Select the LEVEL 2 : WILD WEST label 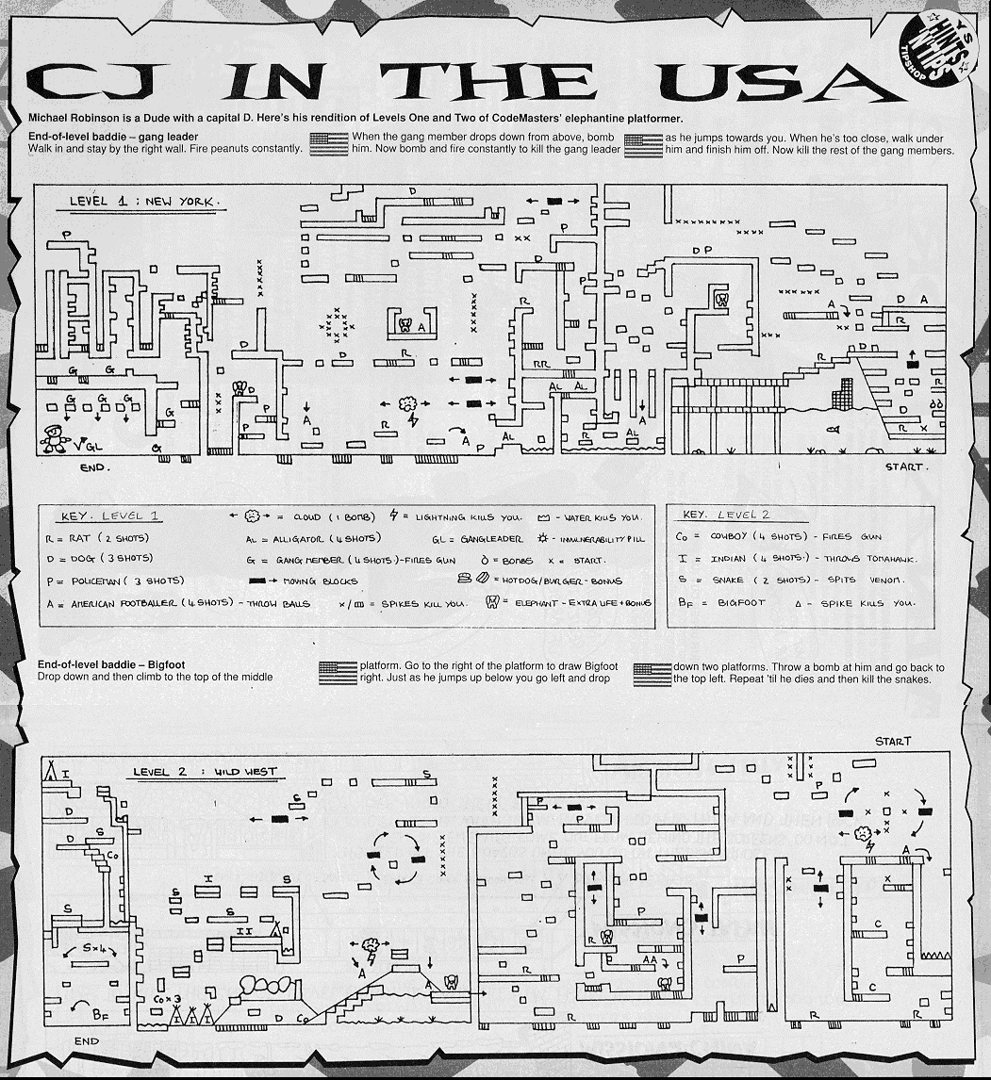205,772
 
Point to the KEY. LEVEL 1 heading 110,516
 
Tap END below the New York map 95,466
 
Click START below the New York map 906,466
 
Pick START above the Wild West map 892,742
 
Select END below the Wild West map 86,1041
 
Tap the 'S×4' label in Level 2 95,946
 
